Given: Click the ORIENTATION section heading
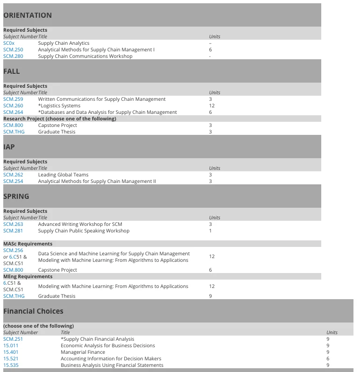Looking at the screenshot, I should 28,15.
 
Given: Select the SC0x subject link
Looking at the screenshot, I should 9,43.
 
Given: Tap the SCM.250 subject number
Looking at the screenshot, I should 13,50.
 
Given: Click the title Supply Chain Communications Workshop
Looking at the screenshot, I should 85,56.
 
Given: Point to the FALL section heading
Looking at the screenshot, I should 12,71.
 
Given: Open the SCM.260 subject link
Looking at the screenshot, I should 13,106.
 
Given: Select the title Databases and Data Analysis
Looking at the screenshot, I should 107,112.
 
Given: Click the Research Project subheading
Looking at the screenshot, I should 59,119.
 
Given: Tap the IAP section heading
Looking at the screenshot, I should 9,147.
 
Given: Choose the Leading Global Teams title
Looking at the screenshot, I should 63,175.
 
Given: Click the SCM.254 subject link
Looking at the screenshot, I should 13,182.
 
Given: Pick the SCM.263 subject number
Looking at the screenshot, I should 13,225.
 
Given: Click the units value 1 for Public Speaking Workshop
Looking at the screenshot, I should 211,231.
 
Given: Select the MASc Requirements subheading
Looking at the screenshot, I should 28,244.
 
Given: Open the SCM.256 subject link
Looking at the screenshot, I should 13,251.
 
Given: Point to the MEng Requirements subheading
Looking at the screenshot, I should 28,276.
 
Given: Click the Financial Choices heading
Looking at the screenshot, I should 33,311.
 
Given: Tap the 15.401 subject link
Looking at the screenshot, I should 11,352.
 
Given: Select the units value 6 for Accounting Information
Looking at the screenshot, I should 328,359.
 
